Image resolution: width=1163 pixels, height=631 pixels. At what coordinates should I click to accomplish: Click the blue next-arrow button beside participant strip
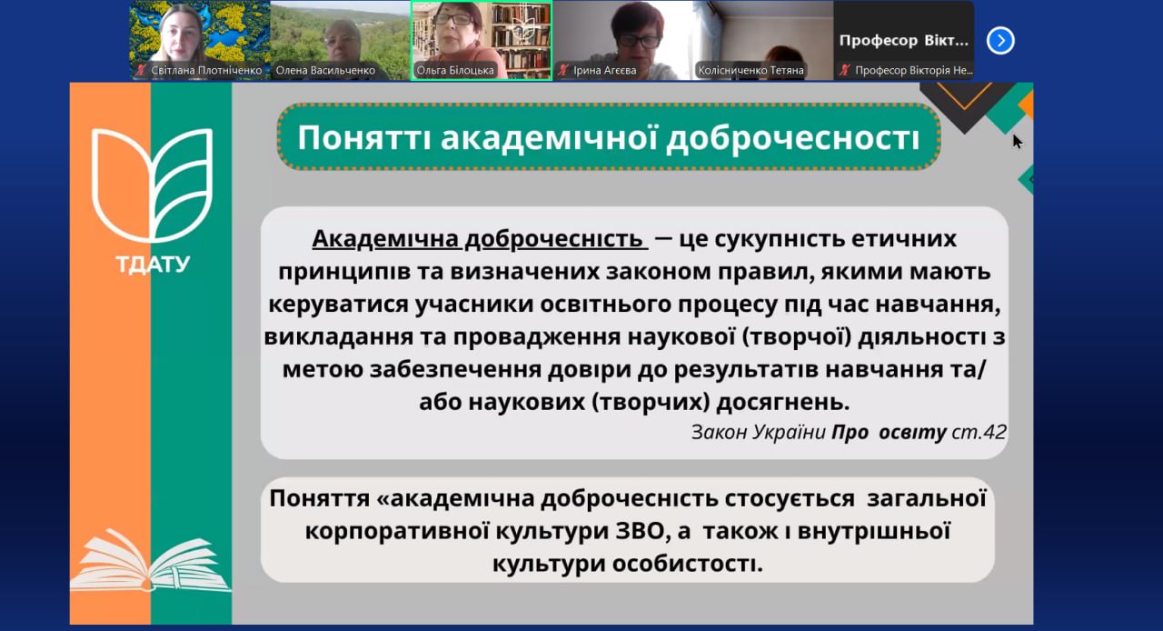point(999,40)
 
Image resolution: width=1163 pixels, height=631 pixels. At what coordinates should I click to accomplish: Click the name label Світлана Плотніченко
point(205,70)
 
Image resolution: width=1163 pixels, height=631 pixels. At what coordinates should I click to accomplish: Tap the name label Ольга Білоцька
point(456,70)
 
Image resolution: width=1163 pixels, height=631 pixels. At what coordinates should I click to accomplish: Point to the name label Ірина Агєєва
point(605,70)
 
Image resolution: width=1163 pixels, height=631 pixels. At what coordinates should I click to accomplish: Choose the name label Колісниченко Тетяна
point(750,70)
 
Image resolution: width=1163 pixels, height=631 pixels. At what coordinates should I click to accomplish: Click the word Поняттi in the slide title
point(364,138)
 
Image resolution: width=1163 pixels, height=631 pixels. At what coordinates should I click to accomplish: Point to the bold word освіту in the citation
point(912,432)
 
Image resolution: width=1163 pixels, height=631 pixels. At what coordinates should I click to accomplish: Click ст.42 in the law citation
point(979,432)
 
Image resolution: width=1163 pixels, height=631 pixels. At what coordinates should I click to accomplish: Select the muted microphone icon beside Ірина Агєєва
point(563,70)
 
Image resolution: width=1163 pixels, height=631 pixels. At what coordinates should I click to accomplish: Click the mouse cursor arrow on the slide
point(1017,141)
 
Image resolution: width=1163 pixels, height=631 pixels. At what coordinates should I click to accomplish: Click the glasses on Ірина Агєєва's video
point(639,40)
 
